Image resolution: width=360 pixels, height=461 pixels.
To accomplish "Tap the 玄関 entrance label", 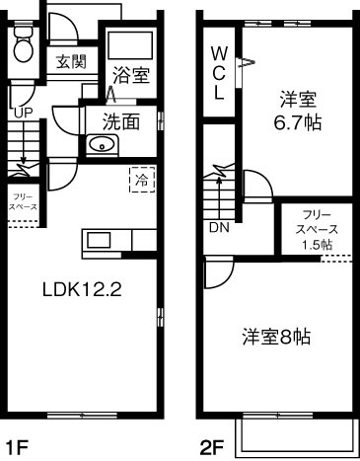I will click(x=70, y=62).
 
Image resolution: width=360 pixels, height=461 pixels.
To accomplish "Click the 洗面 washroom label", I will click(x=122, y=122).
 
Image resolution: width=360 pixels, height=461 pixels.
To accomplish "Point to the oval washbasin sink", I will click(x=103, y=146).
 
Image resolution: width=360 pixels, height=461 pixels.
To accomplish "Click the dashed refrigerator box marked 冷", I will click(x=141, y=181).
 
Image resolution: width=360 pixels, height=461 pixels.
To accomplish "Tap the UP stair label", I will click(x=23, y=113).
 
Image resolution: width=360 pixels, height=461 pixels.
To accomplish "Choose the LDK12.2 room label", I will click(x=81, y=290).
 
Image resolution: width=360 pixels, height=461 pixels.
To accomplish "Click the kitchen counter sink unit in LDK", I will click(x=103, y=240).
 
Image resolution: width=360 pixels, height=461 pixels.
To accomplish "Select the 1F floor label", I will click(x=17, y=447).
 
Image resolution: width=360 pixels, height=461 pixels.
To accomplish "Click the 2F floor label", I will click(x=212, y=447).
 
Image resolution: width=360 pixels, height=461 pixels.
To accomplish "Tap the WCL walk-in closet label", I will click(x=219, y=72).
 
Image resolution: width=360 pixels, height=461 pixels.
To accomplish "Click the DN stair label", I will click(x=218, y=226).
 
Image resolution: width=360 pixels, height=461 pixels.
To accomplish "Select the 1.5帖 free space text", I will click(x=316, y=244).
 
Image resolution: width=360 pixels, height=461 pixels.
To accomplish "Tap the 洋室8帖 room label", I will click(x=277, y=337).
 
